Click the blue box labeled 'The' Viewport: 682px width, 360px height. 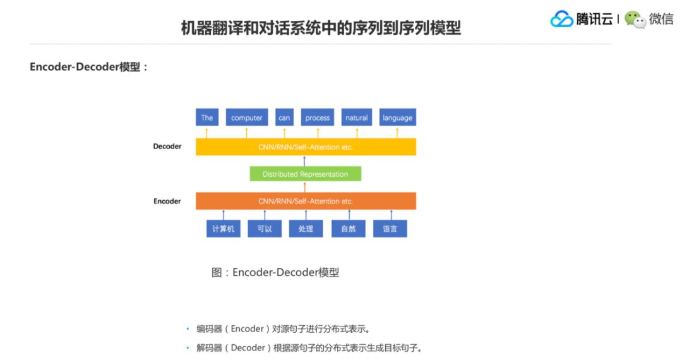point(207,117)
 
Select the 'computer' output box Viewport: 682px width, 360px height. point(246,117)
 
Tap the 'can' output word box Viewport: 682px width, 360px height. point(284,117)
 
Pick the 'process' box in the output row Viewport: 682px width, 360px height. point(318,117)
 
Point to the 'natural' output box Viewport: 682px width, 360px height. point(356,117)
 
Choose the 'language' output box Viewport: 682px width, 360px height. point(397,117)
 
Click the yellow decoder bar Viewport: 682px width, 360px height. point(306,147)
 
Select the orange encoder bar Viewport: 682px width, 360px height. point(306,201)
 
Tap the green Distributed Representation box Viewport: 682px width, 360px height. point(305,174)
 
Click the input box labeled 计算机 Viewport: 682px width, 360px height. point(223,229)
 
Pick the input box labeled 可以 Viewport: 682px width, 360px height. point(265,229)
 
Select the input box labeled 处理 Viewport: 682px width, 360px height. point(306,229)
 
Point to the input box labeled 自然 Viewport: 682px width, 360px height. point(349,229)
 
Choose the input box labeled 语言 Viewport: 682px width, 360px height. point(390,229)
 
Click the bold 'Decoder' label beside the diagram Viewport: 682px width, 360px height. point(167,147)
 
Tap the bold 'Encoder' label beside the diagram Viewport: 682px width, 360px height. point(167,201)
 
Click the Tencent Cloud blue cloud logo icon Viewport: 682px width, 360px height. point(561,19)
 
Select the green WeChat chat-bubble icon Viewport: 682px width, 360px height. point(635,20)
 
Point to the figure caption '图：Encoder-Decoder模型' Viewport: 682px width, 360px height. point(275,273)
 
